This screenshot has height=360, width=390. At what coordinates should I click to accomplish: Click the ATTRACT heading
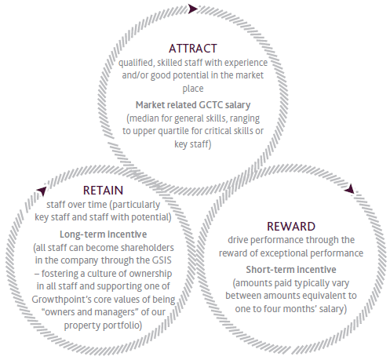click(193, 49)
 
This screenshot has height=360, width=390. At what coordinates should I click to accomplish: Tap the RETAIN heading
click(103, 191)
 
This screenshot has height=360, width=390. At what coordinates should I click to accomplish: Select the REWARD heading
click(291, 227)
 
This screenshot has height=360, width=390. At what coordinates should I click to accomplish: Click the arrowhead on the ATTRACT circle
click(193, 9)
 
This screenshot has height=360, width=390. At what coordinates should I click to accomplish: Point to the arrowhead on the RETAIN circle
click(42, 191)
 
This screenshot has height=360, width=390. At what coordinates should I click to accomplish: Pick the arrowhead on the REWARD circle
click(350, 189)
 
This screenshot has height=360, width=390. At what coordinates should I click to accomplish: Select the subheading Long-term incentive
click(103, 235)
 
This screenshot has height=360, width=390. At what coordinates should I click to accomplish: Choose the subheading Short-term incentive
click(291, 270)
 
